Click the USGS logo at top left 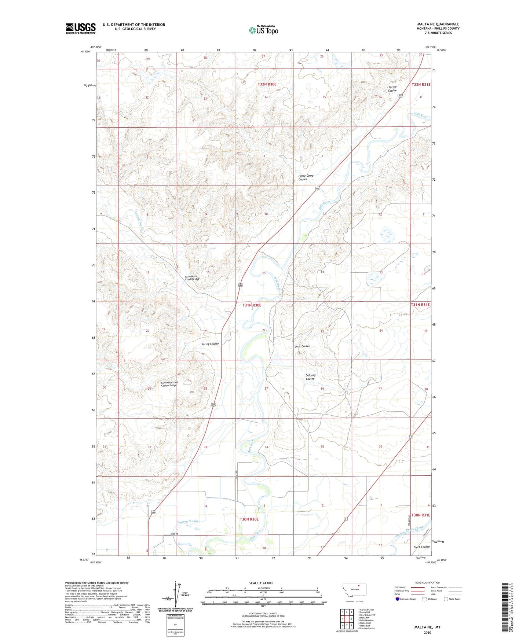80,28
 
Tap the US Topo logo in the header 263,30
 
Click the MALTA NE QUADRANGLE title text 438,24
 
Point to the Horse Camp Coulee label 306,177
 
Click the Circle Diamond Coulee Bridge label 169,384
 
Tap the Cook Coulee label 302,346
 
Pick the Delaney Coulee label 310,377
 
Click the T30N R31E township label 420,515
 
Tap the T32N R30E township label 267,84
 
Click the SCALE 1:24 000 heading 261,583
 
